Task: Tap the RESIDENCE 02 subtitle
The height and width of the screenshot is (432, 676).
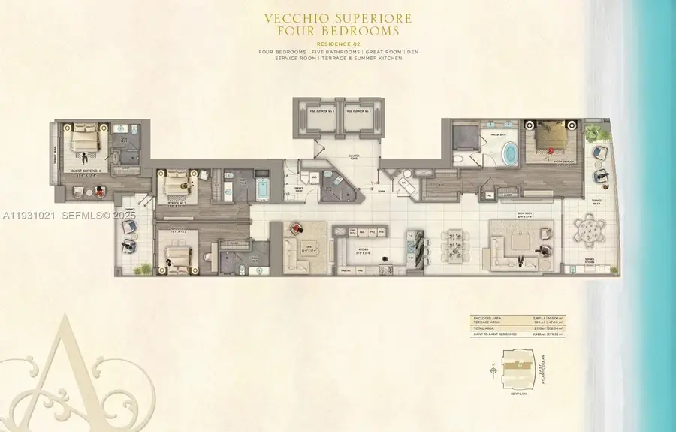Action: tap(337, 44)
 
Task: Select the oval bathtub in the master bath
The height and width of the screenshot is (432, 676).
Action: tap(509, 154)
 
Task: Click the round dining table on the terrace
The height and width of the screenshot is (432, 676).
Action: tap(590, 228)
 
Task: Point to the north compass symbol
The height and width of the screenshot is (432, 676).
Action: tap(493, 371)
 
